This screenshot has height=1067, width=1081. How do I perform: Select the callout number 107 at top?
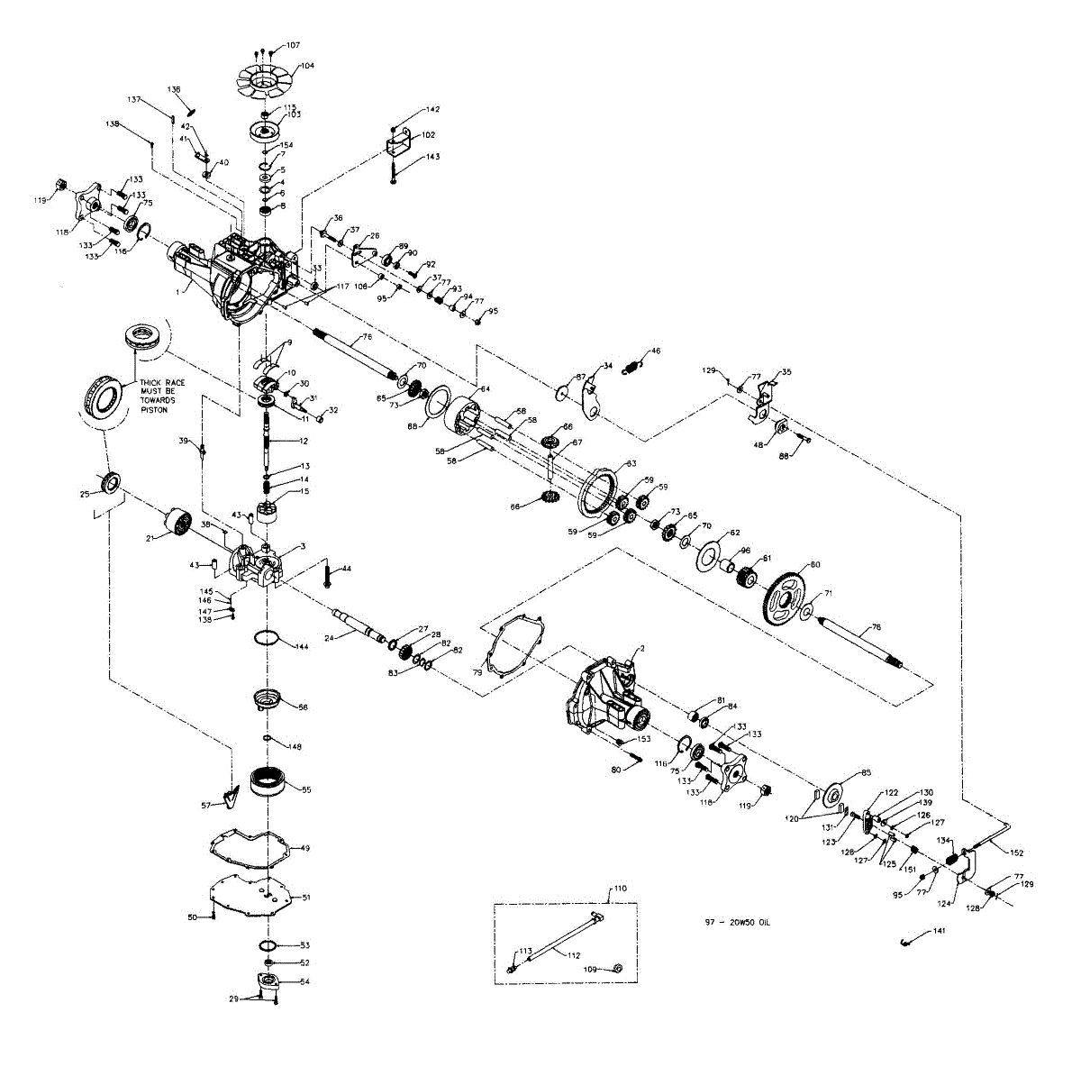click(x=294, y=44)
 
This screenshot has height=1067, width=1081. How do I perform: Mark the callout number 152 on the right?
click(x=1016, y=852)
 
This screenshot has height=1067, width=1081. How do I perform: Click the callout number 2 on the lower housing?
click(x=641, y=649)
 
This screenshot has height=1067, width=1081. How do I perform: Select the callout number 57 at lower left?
click(x=205, y=804)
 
